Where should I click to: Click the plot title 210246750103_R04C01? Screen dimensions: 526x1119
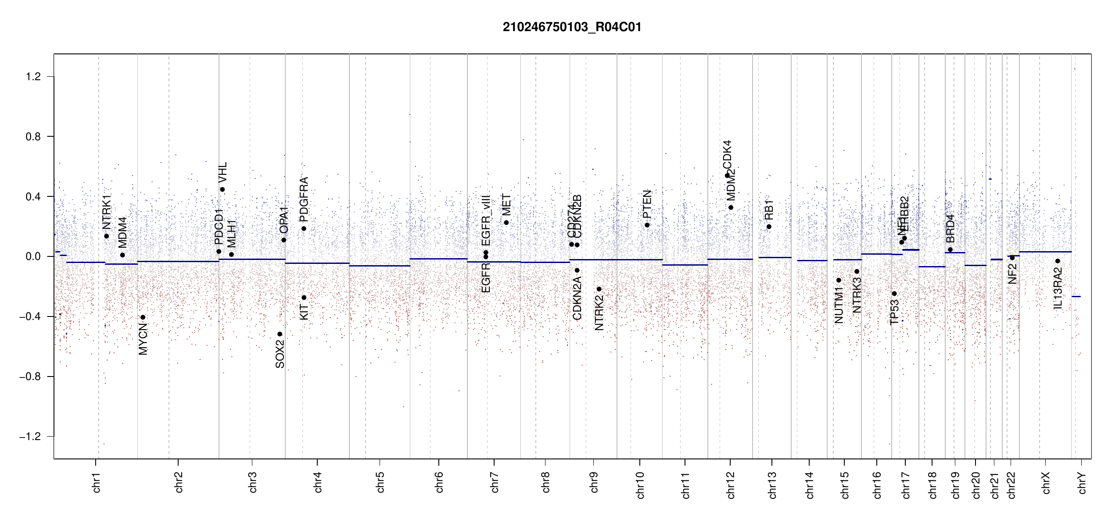click(572, 27)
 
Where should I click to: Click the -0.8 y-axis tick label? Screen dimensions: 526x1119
click(30, 377)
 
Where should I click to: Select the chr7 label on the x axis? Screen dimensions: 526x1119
click(495, 482)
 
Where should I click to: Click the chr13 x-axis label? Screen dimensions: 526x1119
click(772, 485)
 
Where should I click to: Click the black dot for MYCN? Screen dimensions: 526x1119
click(143, 317)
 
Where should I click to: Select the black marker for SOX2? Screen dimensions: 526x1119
click(280, 334)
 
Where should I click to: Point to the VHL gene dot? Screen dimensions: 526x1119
click(222, 189)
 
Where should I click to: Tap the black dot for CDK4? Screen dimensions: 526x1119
click(727, 175)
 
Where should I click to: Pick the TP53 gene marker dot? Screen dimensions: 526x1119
click(894, 294)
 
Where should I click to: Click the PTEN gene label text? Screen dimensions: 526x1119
click(647, 204)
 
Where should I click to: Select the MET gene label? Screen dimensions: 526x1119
click(506, 205)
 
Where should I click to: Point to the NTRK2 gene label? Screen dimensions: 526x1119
click(599, 313)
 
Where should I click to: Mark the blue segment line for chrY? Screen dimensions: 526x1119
click(1076, 297)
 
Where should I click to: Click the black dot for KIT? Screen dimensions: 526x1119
click(304, 298)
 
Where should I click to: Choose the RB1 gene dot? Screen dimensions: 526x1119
click(769, 227)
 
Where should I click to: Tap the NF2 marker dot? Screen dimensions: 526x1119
click(1012, 258)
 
